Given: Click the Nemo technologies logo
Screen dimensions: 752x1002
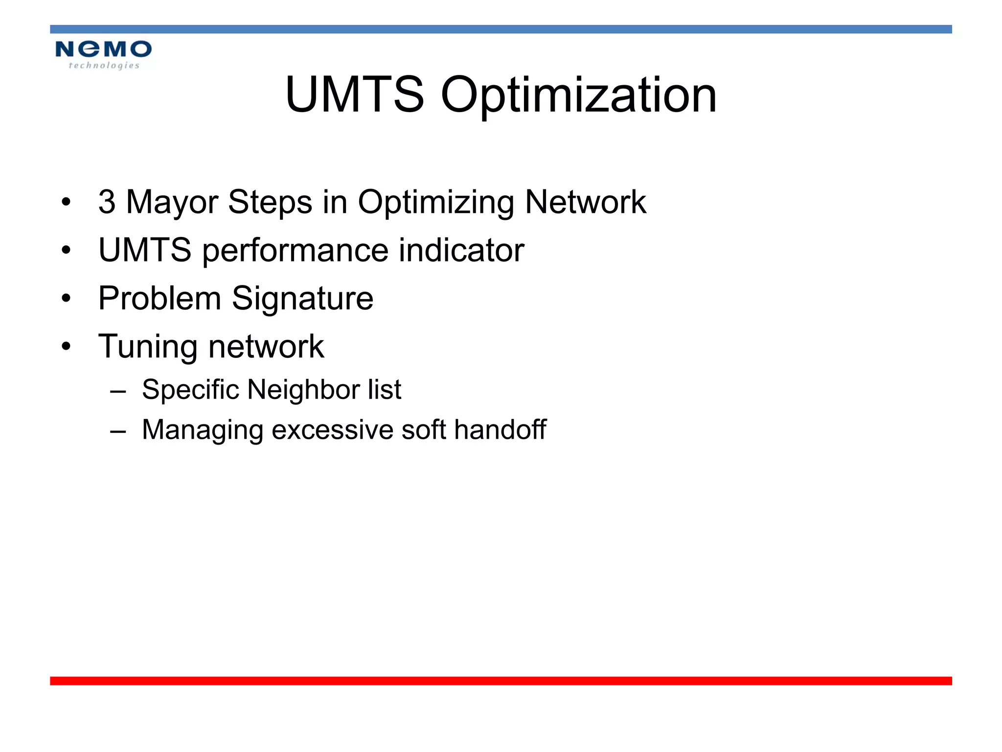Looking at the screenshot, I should click(103, 54).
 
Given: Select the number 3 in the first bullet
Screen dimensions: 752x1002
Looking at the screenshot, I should click(107, 202).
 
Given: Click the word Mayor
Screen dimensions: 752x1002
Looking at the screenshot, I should click(172, 203).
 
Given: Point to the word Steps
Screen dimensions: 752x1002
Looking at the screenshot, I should click(270, 203).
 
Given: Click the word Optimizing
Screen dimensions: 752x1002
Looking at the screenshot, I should click(436, 203).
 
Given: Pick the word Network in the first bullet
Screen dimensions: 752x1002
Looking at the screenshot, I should click(585, 202).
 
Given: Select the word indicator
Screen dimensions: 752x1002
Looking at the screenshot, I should click(461, 250).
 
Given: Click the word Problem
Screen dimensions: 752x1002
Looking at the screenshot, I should click(159, 298).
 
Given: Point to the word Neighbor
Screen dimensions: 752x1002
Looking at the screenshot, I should click(304, 390).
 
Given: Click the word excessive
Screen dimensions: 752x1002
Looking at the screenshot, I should click(332, 430).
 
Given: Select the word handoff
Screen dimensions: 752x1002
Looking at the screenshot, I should click(500, 429).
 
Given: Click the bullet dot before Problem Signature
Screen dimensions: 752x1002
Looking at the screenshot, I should click(67, 298).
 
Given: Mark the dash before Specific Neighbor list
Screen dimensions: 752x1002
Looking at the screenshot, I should click(118, 391).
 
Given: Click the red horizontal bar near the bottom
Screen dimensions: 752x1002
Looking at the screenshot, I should click(501, 681).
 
